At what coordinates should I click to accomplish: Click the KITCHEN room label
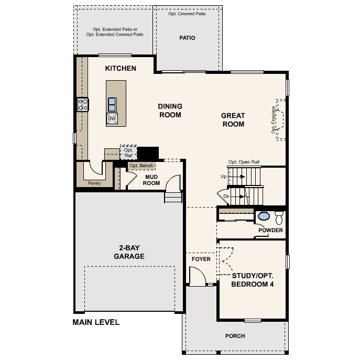pos(121,68)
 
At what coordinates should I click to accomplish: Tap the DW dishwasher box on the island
pos(112,118)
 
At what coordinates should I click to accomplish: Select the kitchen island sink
pos(112,104)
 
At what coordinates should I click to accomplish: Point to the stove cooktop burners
pos(83,104)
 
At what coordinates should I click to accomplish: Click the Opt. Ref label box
pos(128,152)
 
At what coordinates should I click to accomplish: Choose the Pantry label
pos(94,183)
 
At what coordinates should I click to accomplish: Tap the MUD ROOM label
pos(151,180)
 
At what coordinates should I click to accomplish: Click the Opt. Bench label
pos(141,166)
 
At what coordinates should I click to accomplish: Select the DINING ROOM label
pos(170,111)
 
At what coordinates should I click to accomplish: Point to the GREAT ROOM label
pos(233,120)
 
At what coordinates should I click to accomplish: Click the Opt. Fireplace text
pos(273,120)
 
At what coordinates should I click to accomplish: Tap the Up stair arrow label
pos(224,177)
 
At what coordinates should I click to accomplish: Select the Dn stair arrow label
pos(226,196)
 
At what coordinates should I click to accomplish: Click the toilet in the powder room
pos(279,217)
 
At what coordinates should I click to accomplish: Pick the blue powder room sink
pos(264,216)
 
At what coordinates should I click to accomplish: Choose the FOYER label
pos(201,259)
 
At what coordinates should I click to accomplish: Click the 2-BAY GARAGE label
pos(129,252)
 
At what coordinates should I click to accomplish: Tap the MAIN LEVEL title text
pos(96,322)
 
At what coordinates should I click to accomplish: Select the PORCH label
pos(235,336)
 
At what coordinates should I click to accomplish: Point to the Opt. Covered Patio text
pos(187,14)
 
